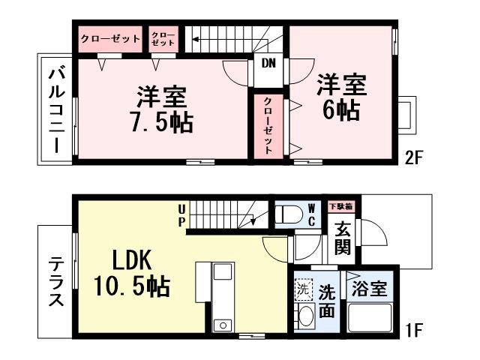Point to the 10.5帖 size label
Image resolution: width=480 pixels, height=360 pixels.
(132, 286)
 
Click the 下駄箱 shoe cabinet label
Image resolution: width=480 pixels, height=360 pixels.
(341, 205)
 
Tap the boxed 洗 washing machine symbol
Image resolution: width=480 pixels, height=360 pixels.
(303, 286)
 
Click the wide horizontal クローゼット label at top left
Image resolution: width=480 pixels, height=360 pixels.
(110, 38)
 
